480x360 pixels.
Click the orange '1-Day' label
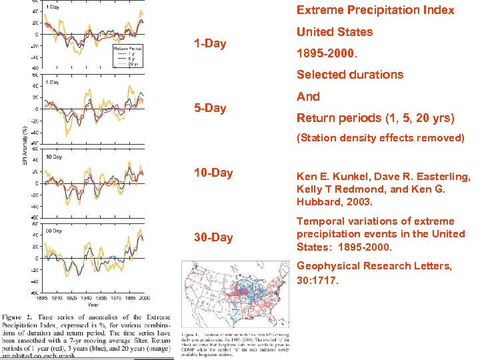pos(210,44)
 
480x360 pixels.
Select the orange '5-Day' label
pos(210,108)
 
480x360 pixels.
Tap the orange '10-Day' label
pos(213,173)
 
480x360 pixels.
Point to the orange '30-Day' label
pos(213,237)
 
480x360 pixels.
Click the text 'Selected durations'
pos(350,75)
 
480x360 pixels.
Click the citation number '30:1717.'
pos(318,280)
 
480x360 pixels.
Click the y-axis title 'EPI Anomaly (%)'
pos(25,147)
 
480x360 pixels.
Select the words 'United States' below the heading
pos(335,31)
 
